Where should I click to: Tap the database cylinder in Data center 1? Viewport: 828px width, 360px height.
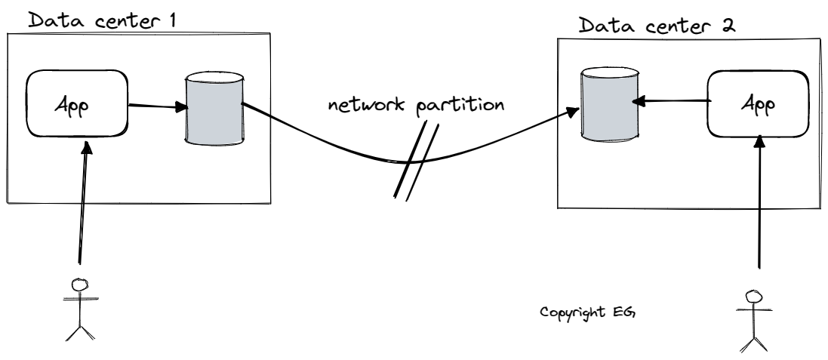tap(214, 108)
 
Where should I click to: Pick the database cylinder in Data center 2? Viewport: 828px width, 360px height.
tap(608, 103)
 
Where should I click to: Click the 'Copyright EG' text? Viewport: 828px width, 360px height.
tap(589, 311)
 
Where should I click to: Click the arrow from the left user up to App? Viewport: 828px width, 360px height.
tap(82, 204)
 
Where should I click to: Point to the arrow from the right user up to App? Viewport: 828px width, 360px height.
tap(758, 204)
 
